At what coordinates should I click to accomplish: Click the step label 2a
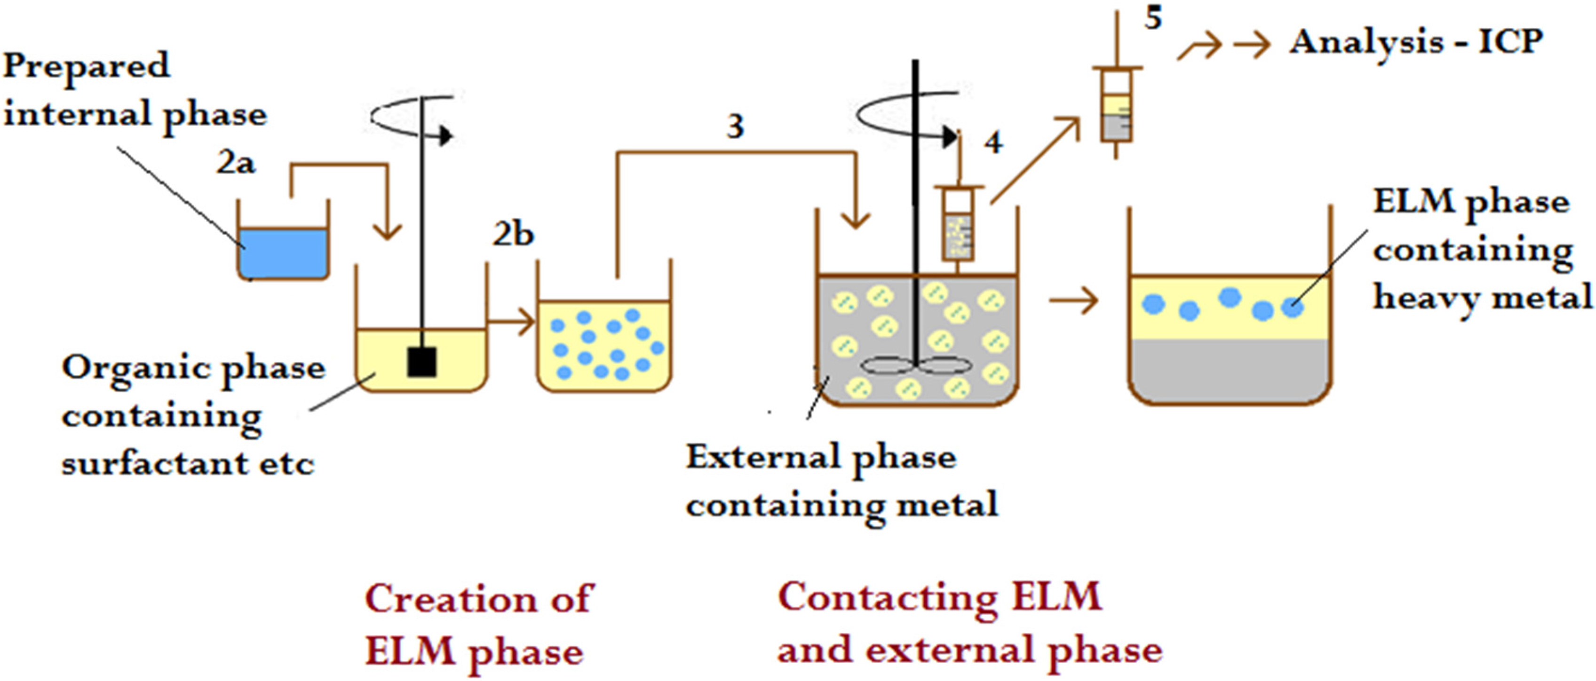[x=236, y=163]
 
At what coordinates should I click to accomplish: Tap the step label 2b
[x=513, y=234]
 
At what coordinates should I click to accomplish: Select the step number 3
[x=735, y=127]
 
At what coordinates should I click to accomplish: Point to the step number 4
[x=993, y=143]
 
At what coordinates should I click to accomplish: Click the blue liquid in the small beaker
[x=283, y=253]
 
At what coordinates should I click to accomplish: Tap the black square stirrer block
[x=421, y=362]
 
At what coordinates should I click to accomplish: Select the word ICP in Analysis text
[x=1510, y=42]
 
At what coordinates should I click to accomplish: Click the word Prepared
[x=86, y=66]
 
